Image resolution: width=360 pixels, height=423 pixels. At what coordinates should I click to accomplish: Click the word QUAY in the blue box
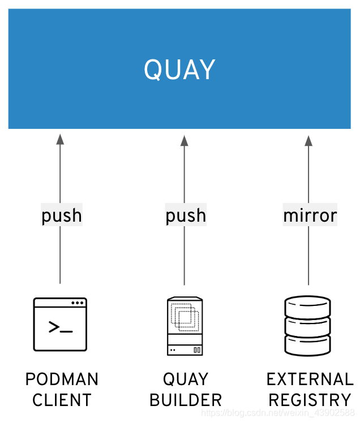point(179,70)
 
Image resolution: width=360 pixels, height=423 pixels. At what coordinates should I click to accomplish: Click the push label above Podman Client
point(62,215)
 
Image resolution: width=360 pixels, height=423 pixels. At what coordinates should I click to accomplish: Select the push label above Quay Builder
point(186,215)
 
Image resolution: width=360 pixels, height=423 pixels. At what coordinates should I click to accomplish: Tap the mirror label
point(310,215)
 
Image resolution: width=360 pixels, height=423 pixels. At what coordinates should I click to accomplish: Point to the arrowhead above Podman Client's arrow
point(60,140)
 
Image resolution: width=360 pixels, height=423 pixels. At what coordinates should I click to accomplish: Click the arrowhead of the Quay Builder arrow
point(184,140)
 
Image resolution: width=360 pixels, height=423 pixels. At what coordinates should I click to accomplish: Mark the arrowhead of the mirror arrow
point(308,140)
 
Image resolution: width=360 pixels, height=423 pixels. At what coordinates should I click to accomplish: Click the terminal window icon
point(60,324)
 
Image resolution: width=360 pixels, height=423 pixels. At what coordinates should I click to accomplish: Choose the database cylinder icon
point(307,325)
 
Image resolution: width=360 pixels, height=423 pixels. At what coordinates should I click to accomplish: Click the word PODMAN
point(62,379)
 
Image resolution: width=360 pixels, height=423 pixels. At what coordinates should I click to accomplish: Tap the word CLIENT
point(62,400)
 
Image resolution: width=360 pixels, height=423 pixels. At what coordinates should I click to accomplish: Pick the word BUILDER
point(186,400)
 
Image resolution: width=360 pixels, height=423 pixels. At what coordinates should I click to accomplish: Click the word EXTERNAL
point(310,379)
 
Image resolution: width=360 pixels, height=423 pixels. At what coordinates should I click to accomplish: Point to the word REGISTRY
point(310,400)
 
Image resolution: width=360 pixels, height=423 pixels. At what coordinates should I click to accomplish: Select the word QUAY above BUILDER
point(186,379)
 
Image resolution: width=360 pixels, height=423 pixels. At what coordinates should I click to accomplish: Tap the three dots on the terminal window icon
point(78,303)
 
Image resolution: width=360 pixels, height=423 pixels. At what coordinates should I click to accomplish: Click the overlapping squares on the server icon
point(185,317)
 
